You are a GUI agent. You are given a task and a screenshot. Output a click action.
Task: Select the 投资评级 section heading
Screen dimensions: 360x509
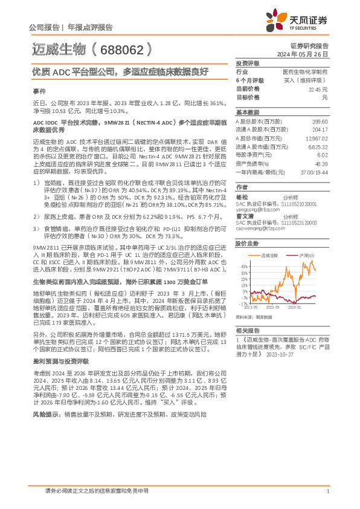click(x=248, y=63)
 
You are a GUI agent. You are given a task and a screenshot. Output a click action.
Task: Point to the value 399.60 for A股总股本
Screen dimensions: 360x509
click(x=320, y=122)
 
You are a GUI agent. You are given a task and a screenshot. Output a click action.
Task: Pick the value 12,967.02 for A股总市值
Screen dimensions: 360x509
click(x=318, y=138)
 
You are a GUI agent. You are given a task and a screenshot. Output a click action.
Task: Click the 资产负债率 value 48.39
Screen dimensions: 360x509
click(x=321, y=164)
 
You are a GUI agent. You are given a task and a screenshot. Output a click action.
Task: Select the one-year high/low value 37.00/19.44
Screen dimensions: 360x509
click(x=315, y=172)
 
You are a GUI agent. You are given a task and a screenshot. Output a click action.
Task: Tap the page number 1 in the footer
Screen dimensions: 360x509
click(x=327, y=491)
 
